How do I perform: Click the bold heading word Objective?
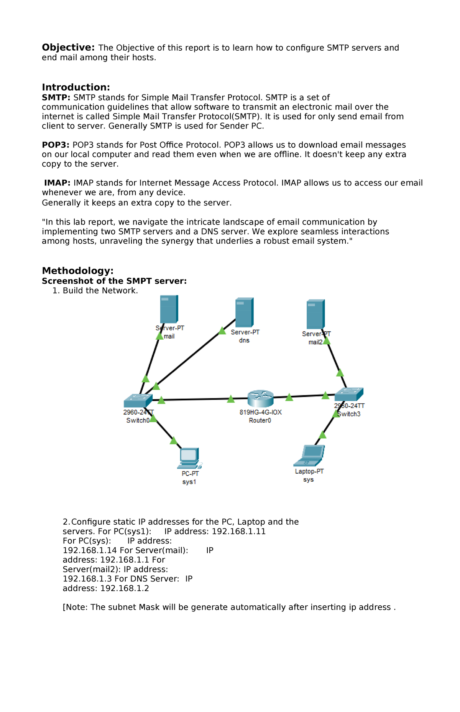point(68,48)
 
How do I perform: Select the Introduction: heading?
point(76,87)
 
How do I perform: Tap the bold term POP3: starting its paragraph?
point(56,145)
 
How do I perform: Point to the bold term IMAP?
point(57,183)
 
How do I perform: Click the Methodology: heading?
point(77,271)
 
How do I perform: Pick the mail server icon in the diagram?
point(169,309)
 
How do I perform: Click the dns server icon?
point(244,312)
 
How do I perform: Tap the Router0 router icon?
point(260,398)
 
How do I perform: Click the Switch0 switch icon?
point(138,401)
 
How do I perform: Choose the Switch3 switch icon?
point(349,394)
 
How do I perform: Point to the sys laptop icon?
point(310,455)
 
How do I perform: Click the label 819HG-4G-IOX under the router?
point(261,412)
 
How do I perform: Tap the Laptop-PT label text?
point(309,471)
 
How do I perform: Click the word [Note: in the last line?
point(76,607)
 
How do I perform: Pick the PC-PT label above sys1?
point(190,474)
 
